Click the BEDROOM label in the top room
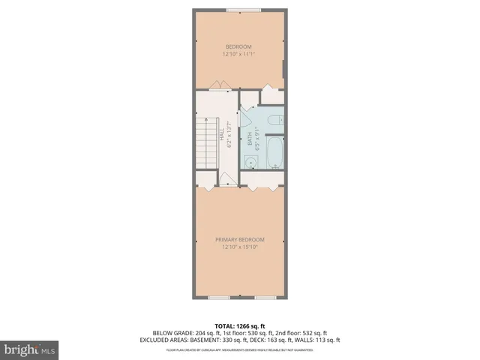[x=239, y=46]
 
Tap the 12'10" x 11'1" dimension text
[x=239, y=54]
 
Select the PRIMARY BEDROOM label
[x=239, y=239]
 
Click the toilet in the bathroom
[x=273, y=118]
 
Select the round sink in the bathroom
[x=250, y=161]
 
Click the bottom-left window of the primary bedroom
[x=220, y=298]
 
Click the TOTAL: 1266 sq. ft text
[x=239, y=325]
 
